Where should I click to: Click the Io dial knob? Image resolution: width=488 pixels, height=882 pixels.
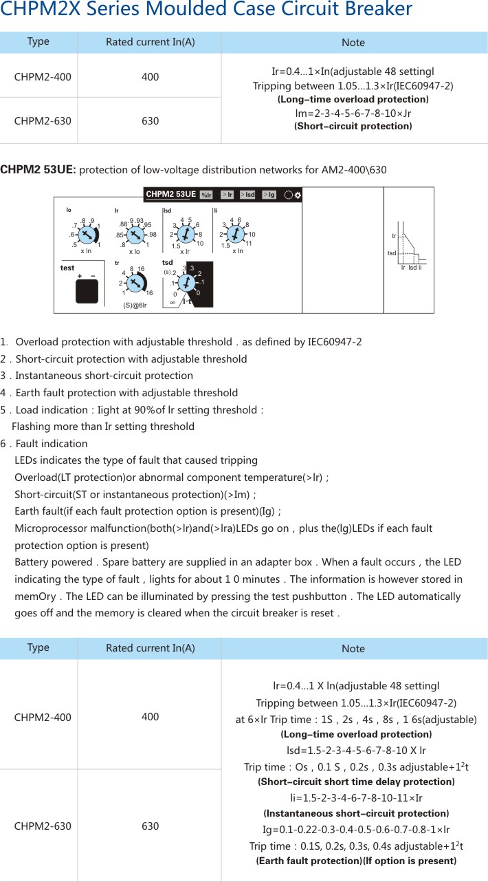pyautogui.click(x=87, y=235)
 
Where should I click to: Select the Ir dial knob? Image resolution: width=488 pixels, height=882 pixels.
pyautogui.click(x=135, y=235)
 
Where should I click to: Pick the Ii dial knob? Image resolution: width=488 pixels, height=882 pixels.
pyautogui.click(x=236, y=235)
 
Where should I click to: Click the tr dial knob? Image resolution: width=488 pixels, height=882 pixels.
pyautogui.click(x=135, y=282)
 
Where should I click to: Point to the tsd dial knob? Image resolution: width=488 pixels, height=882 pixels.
pyautogui.click(x=184, y=281)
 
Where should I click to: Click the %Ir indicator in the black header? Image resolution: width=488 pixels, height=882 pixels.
pyautogui.click(x=206, y=195)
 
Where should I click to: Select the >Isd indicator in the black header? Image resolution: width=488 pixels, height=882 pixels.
pyautogui.click(x=247, y=195)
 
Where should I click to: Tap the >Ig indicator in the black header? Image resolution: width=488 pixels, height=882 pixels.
pyautogui.click(x=269, y=195)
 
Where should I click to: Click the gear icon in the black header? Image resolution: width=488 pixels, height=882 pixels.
pyautogui.click(x=298, y=195)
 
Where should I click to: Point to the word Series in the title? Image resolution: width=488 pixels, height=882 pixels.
pyautogui.click(x=117, y=10)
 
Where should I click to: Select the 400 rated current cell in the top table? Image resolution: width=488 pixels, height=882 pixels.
pyautogui.click(x=150, y=76)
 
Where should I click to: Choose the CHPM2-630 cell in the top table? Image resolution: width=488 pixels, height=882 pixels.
pyautogui.click(x=42, y=120)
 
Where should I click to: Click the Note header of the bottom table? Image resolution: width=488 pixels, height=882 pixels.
pyautogui.click(x=353, y=648)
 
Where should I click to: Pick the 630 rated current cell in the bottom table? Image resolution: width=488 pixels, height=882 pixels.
pyautogui.click(x=150, y=826)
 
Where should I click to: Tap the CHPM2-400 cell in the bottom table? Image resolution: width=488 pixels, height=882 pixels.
pyautogui.click(x=42, y=717)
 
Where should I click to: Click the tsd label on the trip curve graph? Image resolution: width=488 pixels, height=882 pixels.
pyautogui.click(x=392, y=253)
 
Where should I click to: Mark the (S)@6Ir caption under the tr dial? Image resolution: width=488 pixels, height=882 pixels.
pyautogui.click(x=135, y=305)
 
